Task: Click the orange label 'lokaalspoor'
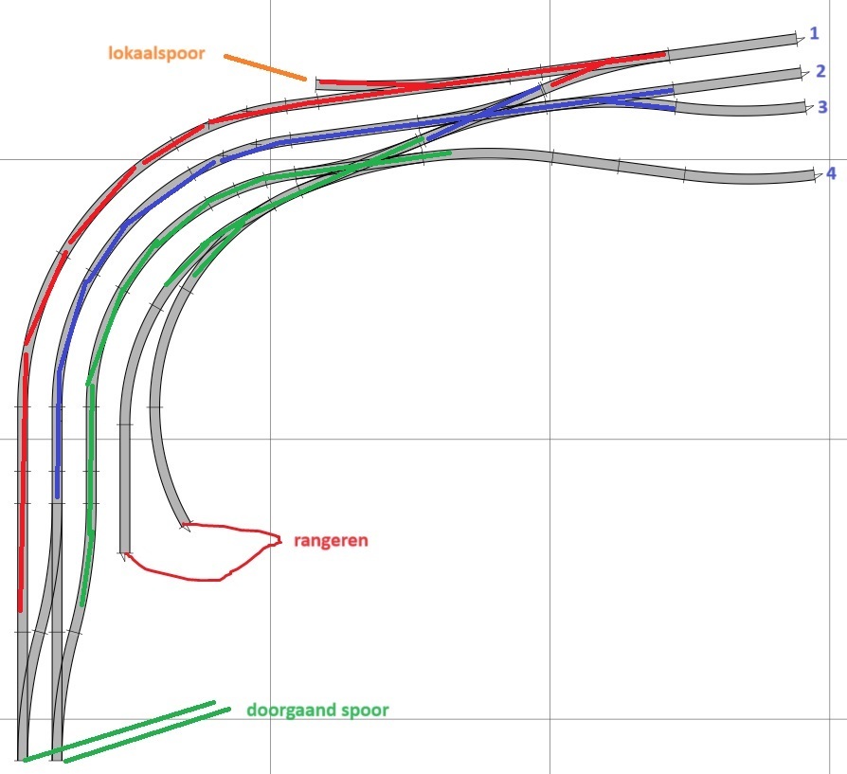[x=156, y=53]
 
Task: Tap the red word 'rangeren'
[x=331, y=540]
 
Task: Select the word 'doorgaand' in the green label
[x=284, y=711]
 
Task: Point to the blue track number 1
[x=814, y=33]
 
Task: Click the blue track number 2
[x=820, y=71]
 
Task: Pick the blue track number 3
[x=822, y=107]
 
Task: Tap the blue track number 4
[x=831, y=173]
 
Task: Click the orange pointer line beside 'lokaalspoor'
[x=265, y=67]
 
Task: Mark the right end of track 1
[x=796, y=40]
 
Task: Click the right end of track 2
[x=802, y=74]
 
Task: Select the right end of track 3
[x=805, y=107]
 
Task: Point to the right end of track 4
[x=814, y=175]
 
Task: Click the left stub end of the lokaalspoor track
[x=317, y=84]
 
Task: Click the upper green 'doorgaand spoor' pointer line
[x=118, y=731]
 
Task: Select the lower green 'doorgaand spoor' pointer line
[x=147, y=734]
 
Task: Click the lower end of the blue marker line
[x=57, y=495]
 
